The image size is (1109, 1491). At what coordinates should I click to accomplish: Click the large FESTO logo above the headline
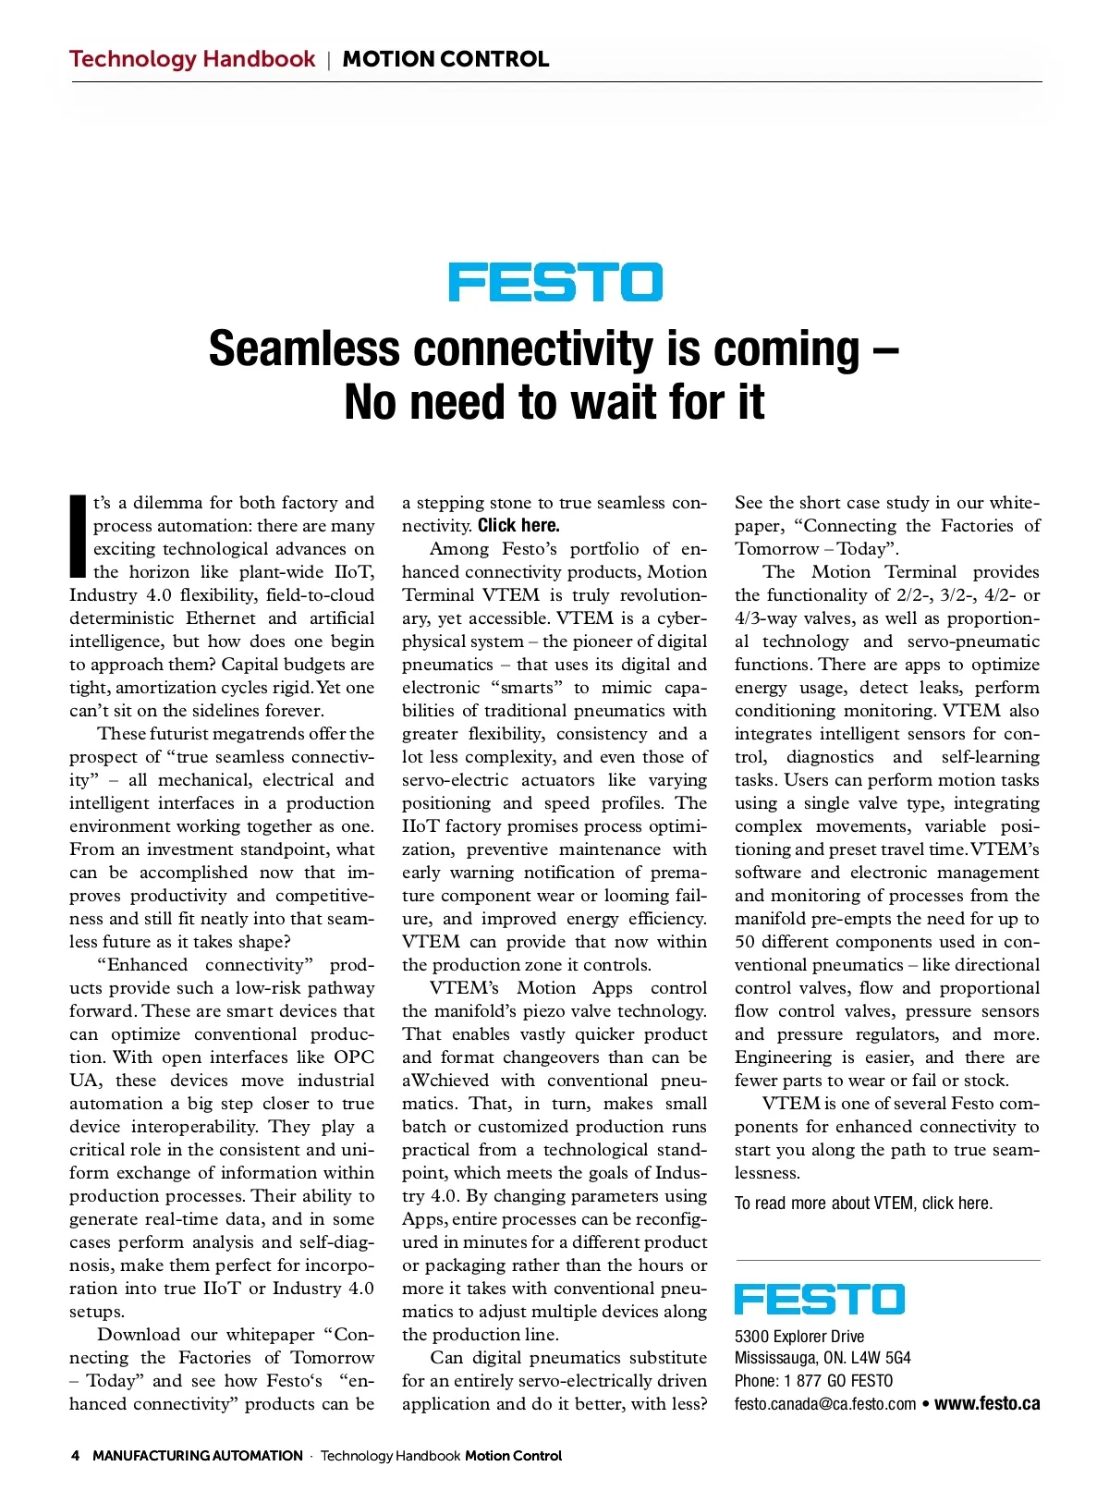coord(555,282)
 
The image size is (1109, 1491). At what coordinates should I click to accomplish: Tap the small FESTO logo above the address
coord(819,1299)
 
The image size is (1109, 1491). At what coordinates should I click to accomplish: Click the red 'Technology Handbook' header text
coord(192,59)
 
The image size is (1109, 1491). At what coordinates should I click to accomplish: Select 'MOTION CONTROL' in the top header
coord(445,59)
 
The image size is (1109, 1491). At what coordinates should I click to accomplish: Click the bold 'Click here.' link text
coord(518,526)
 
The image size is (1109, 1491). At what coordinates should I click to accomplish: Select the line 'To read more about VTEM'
coord(863,1203)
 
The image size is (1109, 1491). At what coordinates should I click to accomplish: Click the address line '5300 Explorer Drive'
coord(799,1336)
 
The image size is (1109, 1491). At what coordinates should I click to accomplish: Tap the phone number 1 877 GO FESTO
coord(838,1381)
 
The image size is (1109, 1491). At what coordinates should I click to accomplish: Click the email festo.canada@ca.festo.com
coord(825,1404)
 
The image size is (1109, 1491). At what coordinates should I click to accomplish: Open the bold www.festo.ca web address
coord(987,1404)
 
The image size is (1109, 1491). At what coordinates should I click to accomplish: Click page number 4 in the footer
coord(75,1456)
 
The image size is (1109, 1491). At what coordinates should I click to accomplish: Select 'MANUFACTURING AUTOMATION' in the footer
coord(198,1456)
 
